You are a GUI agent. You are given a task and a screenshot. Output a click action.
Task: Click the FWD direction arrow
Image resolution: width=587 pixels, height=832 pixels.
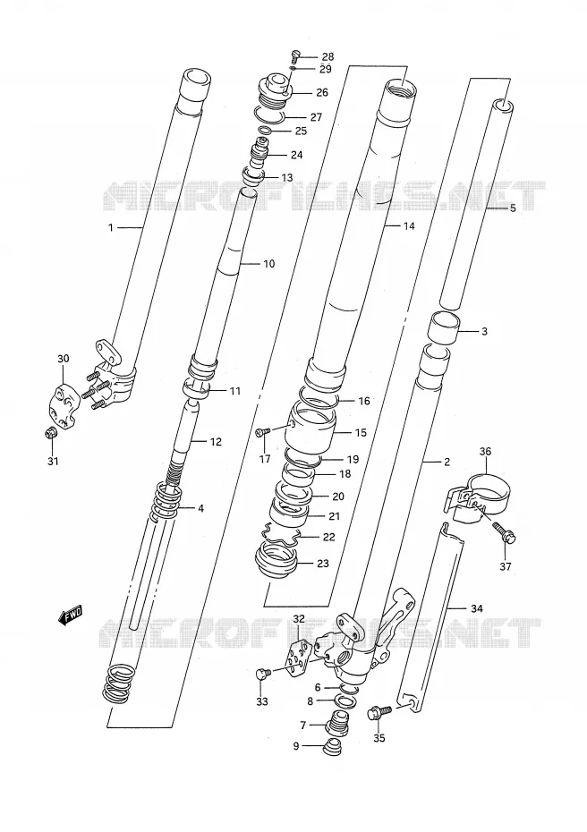pos(70,616)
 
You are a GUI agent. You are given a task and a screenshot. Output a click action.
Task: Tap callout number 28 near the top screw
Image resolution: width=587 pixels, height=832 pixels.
pos(328,56)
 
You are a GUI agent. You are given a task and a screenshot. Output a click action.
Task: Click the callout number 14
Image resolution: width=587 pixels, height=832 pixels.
pos(408,226)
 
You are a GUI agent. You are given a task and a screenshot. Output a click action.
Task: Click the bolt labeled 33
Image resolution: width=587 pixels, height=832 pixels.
pos(263,674)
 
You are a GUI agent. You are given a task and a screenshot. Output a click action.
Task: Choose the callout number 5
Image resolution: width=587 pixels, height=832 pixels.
pos(513,208)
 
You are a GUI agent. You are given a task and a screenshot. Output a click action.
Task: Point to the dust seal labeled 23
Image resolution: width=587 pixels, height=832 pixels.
pos(276,562)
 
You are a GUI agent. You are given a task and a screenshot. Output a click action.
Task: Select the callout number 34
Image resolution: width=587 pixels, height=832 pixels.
pos(477,608)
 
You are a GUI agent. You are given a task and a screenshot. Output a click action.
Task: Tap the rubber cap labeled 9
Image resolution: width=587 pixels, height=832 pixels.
pos(332,747)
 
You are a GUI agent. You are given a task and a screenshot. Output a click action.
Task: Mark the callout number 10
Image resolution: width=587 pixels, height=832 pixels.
pos(269,264)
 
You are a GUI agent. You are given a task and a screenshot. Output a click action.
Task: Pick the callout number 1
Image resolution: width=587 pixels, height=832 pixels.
pos(111,227)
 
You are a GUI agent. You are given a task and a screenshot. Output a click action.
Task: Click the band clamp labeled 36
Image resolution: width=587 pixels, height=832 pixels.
pos(477,494)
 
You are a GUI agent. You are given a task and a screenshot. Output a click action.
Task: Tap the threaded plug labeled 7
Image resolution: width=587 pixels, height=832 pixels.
pos(336,722)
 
